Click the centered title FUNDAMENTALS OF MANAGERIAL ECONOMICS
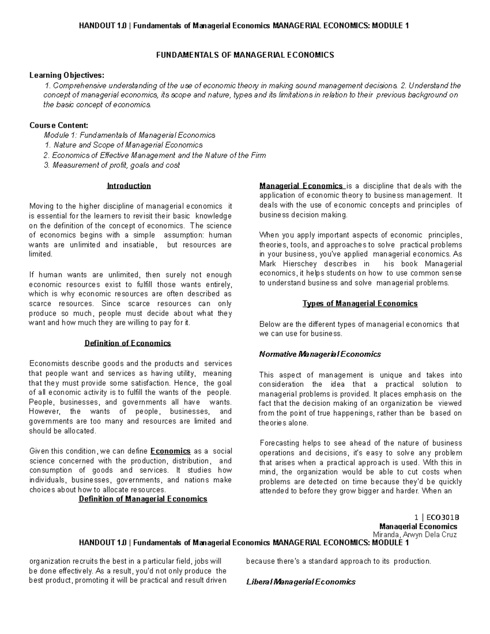[245, 55]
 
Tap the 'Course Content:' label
[59, 125]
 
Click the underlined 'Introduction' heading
[129, 186]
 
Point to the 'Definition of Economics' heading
[127, 343]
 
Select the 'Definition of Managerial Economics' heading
[143, 499]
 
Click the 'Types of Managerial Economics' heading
[360, 303]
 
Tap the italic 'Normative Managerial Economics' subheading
[320, 354]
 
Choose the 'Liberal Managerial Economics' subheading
[301, 582]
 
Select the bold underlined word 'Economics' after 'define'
[170, 451]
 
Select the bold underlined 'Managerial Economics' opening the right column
[301, 186]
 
